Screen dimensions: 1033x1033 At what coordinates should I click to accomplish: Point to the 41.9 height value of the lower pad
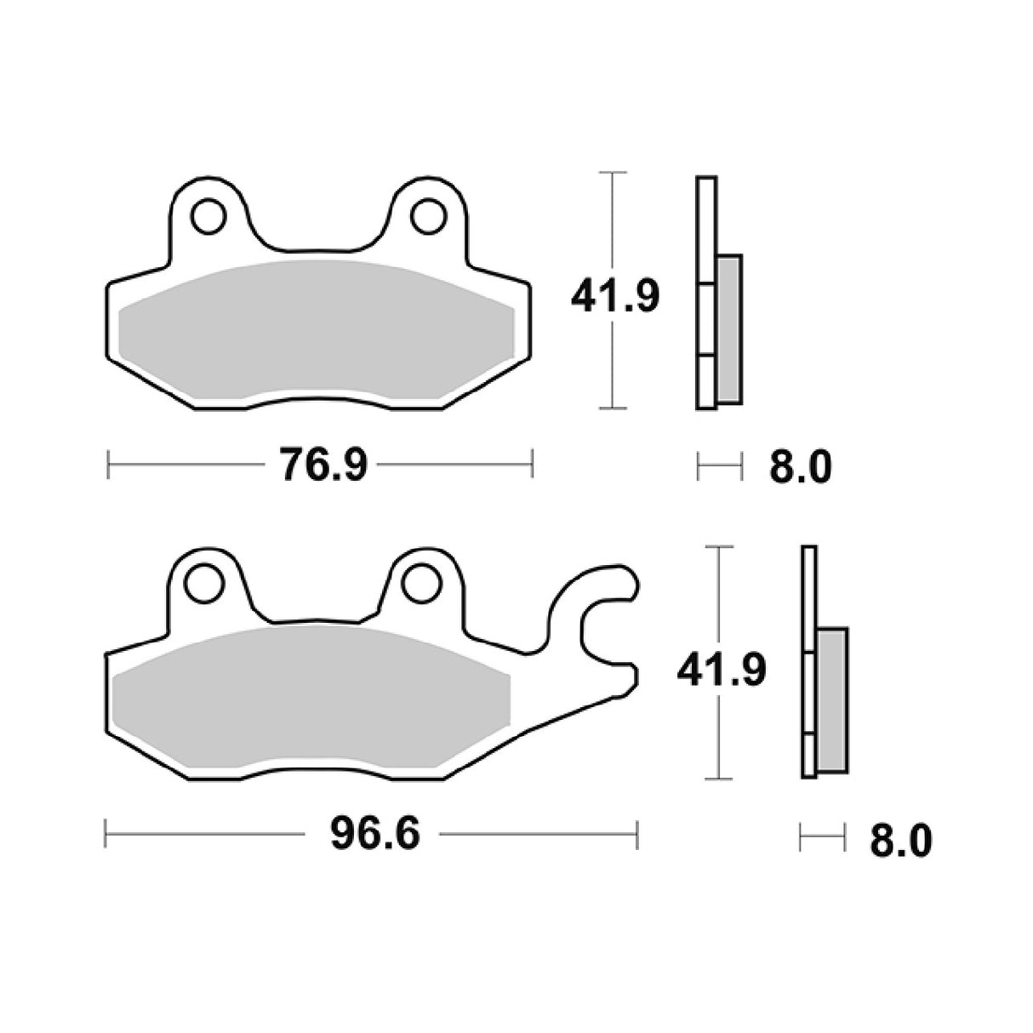click(x=722, y=670)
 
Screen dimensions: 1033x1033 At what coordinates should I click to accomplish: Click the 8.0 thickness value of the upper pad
click(x=799, y=467)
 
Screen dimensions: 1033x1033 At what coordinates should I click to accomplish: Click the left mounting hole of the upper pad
click(x=208, y=216)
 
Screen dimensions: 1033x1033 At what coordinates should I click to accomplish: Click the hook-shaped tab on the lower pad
click(x=596, y=630)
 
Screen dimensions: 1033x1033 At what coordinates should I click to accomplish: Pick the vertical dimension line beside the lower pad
click(x=720, y=596)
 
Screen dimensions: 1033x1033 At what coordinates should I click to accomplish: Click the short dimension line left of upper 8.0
click(x=720, y=465)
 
